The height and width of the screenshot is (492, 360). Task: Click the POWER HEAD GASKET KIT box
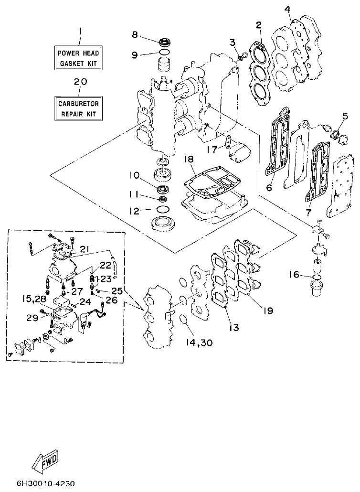click(79, 58)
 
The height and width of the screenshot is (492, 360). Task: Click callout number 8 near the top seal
click(135, 34)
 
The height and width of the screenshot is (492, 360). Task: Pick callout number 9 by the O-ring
click(135, 54)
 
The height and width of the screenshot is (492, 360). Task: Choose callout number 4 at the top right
click(287, 9)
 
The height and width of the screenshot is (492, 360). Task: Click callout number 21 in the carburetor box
click(85, 248)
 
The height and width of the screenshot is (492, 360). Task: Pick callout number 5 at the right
click(345, 116)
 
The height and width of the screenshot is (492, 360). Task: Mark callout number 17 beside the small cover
click(212, 150)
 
